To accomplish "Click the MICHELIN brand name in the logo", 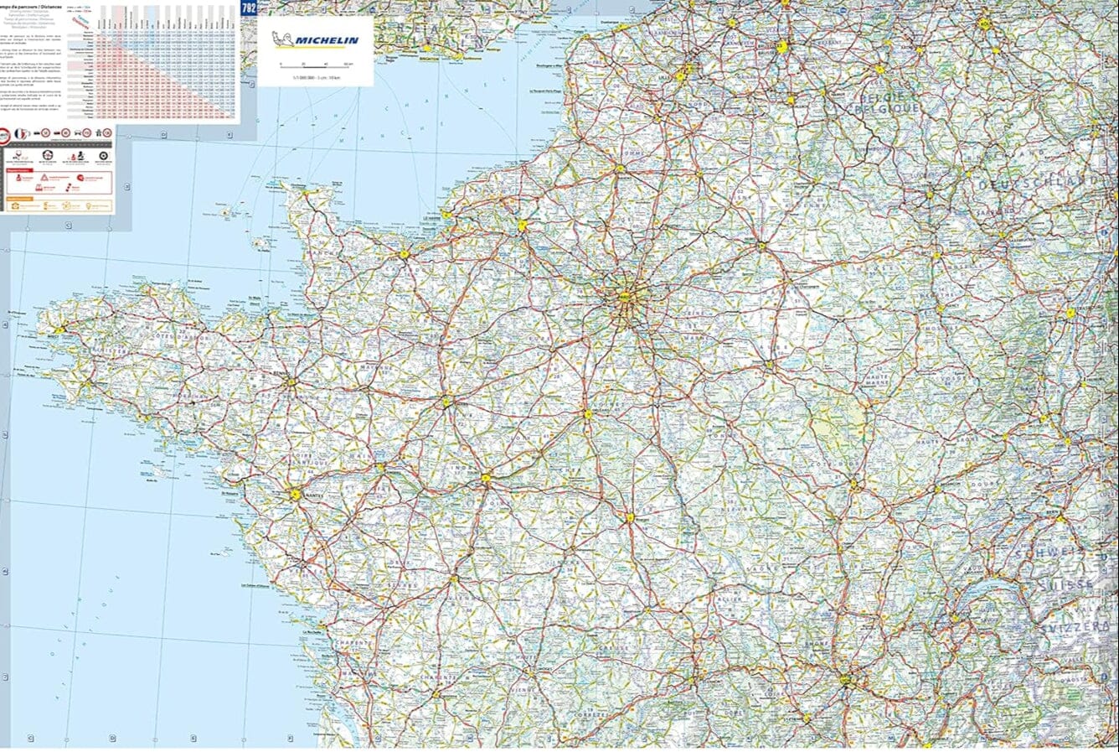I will click(x=327, y=40).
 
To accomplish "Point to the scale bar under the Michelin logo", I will click(x=316, y=65).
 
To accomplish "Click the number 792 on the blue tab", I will click(x=249, y=8).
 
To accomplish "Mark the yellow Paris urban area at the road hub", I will click(x=626, y=297).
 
